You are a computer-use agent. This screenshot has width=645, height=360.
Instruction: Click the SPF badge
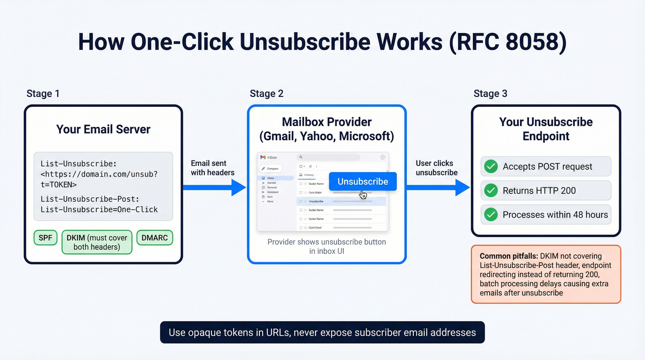45,238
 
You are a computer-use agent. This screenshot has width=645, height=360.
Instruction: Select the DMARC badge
154,238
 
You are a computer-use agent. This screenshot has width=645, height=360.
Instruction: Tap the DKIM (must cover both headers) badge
97,242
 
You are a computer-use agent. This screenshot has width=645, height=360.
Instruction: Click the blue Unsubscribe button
363,182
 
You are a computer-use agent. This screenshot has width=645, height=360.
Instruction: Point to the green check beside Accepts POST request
491,166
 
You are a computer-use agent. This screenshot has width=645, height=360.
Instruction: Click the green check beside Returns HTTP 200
491,190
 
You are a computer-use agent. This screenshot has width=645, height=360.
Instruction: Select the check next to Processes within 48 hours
491,214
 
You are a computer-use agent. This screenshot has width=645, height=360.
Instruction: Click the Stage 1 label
43,94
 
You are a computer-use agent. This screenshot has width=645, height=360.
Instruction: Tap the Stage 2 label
266,94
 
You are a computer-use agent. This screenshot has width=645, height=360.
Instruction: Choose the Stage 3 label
490,94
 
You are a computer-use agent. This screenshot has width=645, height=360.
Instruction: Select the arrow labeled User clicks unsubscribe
438,187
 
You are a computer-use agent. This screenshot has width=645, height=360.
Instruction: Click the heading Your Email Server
103,129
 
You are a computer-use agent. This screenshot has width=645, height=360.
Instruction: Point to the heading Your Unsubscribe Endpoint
546,129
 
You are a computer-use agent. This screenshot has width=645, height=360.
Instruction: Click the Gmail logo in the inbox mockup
263,158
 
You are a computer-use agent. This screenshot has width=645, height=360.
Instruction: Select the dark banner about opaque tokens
322,332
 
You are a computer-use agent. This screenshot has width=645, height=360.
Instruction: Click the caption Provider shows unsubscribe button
327,246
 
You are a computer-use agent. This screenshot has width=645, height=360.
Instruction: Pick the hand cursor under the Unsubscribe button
363,195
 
